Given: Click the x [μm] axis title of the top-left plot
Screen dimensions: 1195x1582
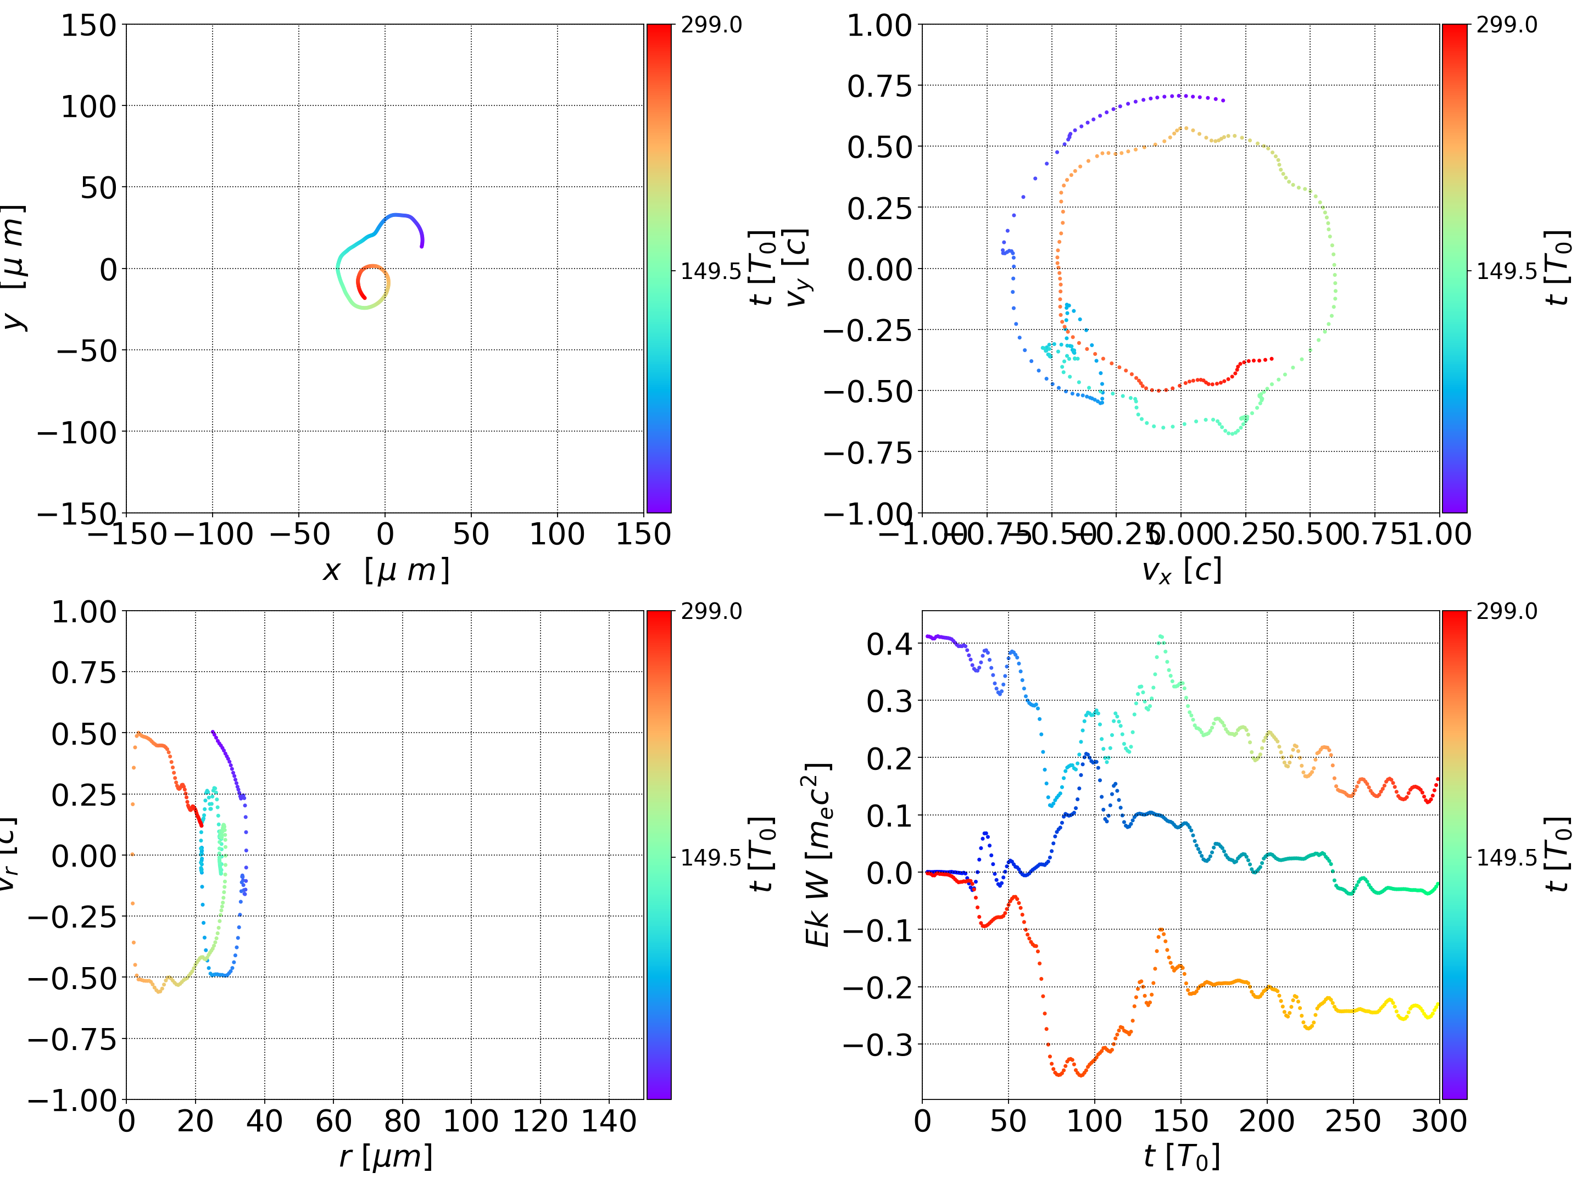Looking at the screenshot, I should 386,570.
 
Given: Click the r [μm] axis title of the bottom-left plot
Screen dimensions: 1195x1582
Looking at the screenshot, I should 386,1157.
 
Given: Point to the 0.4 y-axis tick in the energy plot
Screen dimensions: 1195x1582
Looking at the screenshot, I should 890,644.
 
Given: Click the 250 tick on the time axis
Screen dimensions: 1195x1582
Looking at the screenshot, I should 1353,1121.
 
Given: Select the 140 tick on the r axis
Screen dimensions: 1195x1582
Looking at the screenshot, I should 609,1121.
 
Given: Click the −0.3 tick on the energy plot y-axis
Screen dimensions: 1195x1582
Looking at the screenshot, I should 878,1045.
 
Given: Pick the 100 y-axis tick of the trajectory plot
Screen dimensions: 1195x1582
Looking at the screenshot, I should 88,107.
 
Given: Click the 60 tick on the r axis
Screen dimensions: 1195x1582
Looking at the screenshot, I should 333,1121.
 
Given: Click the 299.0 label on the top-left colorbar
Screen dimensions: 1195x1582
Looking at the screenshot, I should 711,25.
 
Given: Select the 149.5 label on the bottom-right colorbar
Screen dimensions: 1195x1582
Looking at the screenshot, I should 1506,857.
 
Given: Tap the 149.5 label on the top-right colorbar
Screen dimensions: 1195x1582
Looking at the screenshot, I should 1506,271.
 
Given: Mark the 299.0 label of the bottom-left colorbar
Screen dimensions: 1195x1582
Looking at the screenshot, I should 711,611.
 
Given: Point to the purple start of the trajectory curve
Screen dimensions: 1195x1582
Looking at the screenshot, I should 422,245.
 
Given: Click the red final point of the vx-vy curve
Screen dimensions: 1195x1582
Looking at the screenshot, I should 1272,359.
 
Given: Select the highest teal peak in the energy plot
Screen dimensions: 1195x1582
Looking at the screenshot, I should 1161,636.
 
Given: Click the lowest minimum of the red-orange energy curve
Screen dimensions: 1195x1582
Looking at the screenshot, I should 1080,1074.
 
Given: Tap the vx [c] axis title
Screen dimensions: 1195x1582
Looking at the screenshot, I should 1182,570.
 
